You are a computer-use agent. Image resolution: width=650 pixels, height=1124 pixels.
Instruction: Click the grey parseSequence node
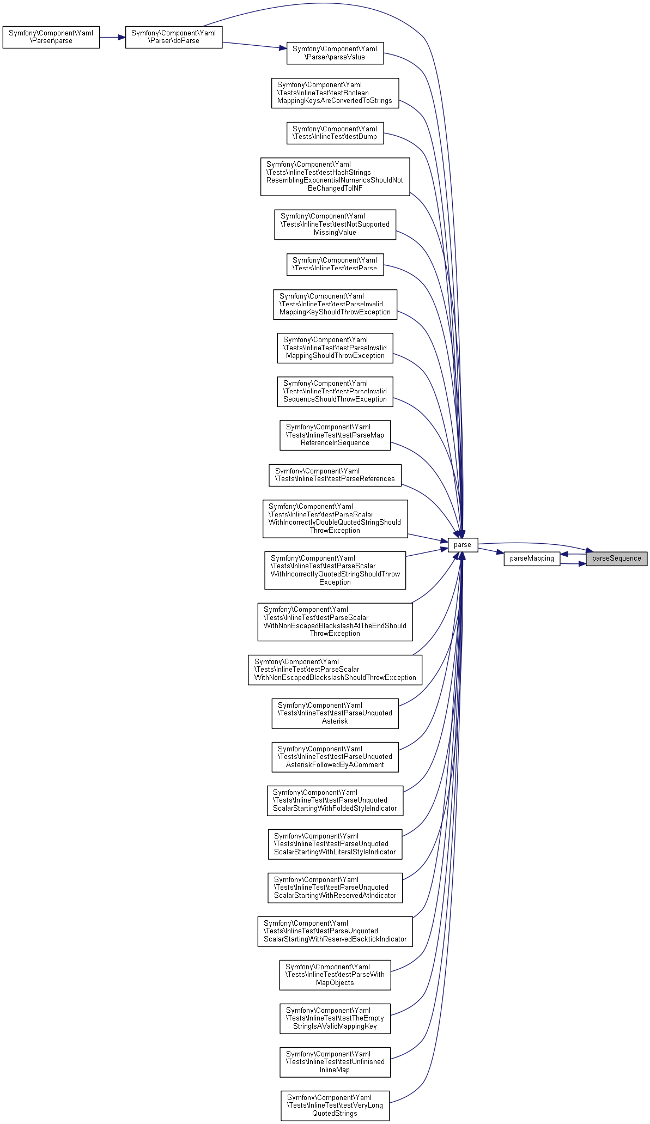tap(616, 558)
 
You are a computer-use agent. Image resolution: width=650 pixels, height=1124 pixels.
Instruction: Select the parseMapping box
tap(531, 558)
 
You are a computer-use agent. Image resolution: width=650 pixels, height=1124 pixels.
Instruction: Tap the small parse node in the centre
tap(463, 545)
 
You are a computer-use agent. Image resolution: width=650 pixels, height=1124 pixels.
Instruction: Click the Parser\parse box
tap(51, 37)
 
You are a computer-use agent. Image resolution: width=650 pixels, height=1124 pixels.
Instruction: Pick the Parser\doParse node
tap(173, 37)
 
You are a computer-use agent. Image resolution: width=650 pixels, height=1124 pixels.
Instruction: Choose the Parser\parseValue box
tap(335, 53)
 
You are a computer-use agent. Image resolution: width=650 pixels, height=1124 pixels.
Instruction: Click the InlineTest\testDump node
tap(335, 133)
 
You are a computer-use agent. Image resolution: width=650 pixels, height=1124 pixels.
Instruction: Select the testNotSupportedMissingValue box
tap(335, 224)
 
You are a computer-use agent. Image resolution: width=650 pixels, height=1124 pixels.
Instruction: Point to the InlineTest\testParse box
tap(335, 264)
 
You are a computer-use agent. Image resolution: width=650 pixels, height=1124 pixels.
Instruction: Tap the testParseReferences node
tap(335, 475)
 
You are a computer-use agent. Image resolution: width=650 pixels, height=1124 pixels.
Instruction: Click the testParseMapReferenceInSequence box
tap(335, 435)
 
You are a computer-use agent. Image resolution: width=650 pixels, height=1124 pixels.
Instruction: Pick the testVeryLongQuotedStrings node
tap(335, 1105)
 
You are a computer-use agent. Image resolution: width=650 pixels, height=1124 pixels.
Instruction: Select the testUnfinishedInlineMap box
tap(335, 1062)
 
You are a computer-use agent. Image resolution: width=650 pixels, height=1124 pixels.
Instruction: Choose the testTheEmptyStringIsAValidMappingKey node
tap(335, 1018)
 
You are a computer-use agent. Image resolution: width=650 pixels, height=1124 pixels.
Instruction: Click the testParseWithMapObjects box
tap(335, 975)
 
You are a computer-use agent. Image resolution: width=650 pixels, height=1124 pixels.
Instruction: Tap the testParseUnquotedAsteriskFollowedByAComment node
tap(335, 757)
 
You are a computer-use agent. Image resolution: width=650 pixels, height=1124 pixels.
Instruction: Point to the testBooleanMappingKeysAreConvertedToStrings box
tap(335, 93)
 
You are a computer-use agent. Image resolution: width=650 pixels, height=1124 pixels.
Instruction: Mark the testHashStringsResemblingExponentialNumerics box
tap(335, 177)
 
